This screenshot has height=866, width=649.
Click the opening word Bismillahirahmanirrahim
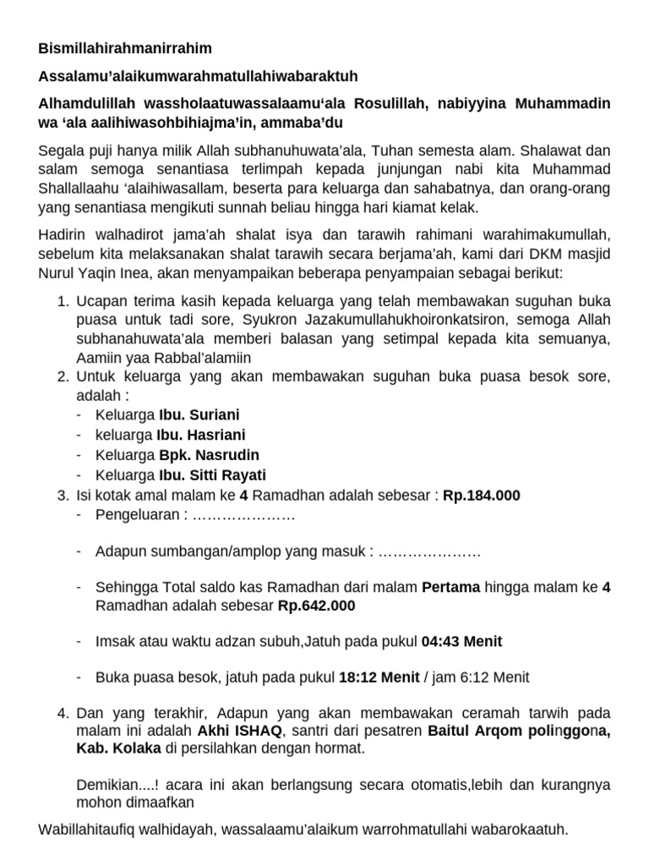pyautogui.click(x=125, y=49)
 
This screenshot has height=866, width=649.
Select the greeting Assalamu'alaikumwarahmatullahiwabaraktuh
pyautogui.click(x=199, y=77)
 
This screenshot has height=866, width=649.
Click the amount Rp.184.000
pyautogui.click(x=482, y=496)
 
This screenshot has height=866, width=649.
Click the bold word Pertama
pyautogui.click(x=450, y=586)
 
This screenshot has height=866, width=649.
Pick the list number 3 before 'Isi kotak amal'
pyautogui.click(x=62, y=496)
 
